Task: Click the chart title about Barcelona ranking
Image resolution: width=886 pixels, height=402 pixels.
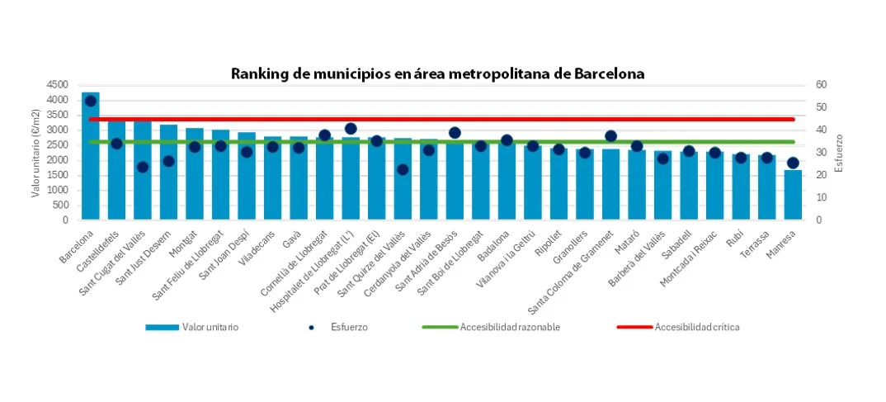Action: pyautogui.click(x=437, y=73)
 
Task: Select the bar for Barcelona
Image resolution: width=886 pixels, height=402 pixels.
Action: pyautogui.click(x=91, y=165)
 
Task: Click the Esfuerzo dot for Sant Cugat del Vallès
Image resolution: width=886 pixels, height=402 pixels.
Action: pyautogui.click(x=143, y=167)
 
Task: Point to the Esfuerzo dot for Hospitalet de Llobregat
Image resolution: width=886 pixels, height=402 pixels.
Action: pyautogui.click(x=351, y=129)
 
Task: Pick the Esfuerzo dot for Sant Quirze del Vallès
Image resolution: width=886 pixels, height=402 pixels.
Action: pyautogui.click(x=403, y=169)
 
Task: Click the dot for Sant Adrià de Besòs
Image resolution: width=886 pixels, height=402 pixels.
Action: pyautogui.click(x=455, y=132)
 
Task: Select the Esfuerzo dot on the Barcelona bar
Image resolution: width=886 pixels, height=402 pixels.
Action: pyautogui.click(x=91, y=101)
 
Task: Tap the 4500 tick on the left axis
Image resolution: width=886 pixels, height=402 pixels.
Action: pyautogui.click(x=57, y=85)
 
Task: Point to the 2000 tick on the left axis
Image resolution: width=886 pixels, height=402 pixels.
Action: pyautogui.click(x=57, y=160)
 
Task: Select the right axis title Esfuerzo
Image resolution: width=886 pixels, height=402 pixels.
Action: pyautogui.click(x=839, y=153)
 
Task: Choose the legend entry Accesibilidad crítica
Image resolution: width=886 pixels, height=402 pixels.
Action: pyautogui.click(x=696, y=327)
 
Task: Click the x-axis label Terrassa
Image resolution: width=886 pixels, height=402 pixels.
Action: pyautogui.click(x=755, y=244)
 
